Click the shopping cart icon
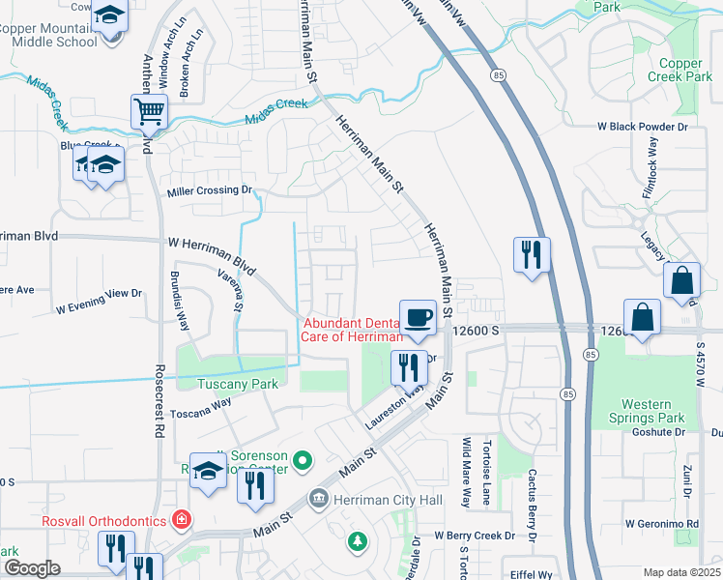(x=150, y=111)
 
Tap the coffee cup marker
(x=418, y=317)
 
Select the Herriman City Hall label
(x=387, y=500)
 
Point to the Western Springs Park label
(x=653, y=411)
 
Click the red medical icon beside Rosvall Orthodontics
(x=181, y=521)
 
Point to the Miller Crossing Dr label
(x=209, y=190)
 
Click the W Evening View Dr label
(x=99, y=301)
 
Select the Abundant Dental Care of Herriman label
(x=352, y=330)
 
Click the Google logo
(x=32, y=568)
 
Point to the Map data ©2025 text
(x=681, y=572)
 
